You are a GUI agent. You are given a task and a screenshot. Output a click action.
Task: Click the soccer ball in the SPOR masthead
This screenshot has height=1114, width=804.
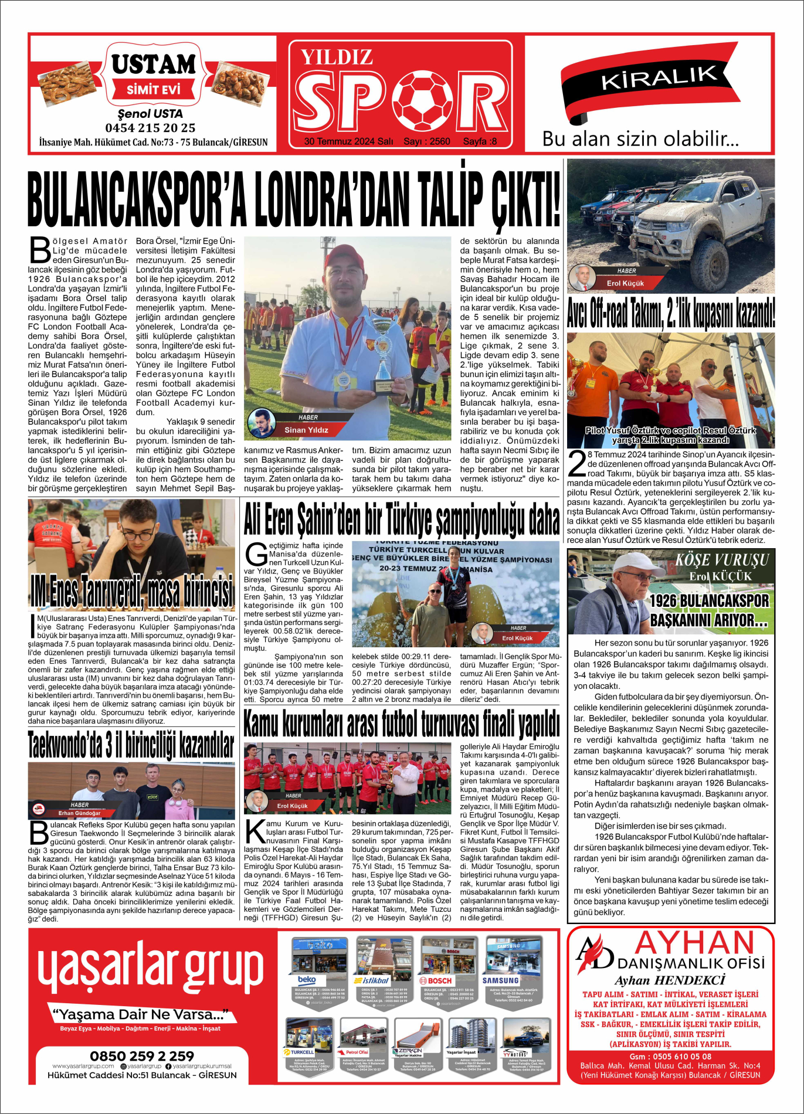pyautogui.click(x=422, y=100)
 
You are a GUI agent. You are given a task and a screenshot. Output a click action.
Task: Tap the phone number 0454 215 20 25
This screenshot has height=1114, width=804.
pyautogui.click(x=150, y=128)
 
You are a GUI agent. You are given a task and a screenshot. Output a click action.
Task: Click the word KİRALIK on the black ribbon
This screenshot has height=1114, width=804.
pyautogui.click(x=659, y=77)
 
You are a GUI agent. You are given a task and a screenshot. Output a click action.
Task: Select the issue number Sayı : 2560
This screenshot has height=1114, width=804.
pyautogui.click(x=427, y=141)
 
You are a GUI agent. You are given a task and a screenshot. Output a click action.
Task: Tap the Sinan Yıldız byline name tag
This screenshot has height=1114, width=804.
pyautogui.click(x=306, y=430)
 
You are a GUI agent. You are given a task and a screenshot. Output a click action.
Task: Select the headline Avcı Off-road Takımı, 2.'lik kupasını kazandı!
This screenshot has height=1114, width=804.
pyautogui.click(x=671, y=313)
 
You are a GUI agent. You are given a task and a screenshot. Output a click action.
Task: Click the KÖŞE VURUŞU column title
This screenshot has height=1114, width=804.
pyautogui.click(x=721, y=561)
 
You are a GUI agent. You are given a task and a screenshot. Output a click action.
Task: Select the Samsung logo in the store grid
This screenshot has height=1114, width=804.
pyautogui.click(x=501, y=980)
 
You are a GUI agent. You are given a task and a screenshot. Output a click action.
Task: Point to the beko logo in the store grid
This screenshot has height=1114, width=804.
pyautogui.click(x=307, y=980)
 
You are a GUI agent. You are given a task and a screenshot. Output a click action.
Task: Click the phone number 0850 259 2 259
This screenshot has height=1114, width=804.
pyautogui.click(x=142, y=1056)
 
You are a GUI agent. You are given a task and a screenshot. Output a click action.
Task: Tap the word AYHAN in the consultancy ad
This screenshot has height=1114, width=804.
pyautogui.click(x=694, y=943)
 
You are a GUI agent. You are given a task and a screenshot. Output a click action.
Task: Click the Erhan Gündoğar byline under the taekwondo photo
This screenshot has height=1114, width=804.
pyautogui.click(x=80, y=813)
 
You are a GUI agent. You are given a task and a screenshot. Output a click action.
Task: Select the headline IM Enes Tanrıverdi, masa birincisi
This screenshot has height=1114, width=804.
pyautogui.click(x=132, y=592)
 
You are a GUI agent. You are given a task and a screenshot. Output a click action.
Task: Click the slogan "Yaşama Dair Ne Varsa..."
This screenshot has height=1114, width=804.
pyautogui.click(x=140, y=1014)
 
